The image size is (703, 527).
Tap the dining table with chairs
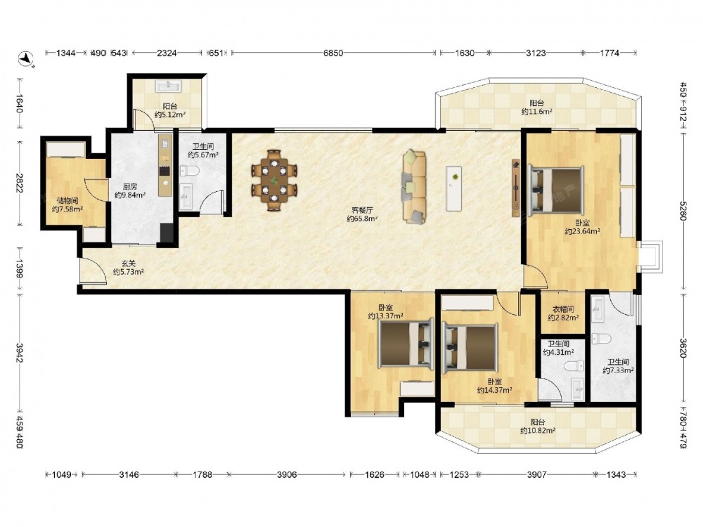pyautogui.click(x=274, y=180)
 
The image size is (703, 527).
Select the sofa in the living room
pyautogui.click(x=414, y=186)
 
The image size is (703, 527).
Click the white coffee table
pyautogui.click(x=455, y=188)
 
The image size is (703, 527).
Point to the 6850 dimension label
pyautogui.click(x=333, y=53)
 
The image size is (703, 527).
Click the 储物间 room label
pyautogui.click(x=67, y=201)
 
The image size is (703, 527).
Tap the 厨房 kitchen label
pyautogui.click(x=129, y=187)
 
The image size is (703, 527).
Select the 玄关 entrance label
pyautogui.click(x=128, y=264)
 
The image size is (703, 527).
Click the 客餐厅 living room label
pyautogui.click(x=362, y=210)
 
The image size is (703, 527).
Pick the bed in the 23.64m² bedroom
pyautogui.click(x=556, y=188)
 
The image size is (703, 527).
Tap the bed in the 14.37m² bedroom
pyautogui.click(x=470, y=347)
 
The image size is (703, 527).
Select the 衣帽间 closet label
pyautogui.click(x=562, y=309)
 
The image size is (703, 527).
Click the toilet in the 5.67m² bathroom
pyautogui.click(x=188, y=171)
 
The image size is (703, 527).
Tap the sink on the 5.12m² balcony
pyautogui.click(x=168, y=85)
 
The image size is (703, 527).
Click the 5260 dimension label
pyautogui.click(x=683, y=211)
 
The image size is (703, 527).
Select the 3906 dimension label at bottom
pyautogui.click(x=287, y=474)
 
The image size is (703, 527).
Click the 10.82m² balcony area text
pyautogui.click(x=538, y=431)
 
